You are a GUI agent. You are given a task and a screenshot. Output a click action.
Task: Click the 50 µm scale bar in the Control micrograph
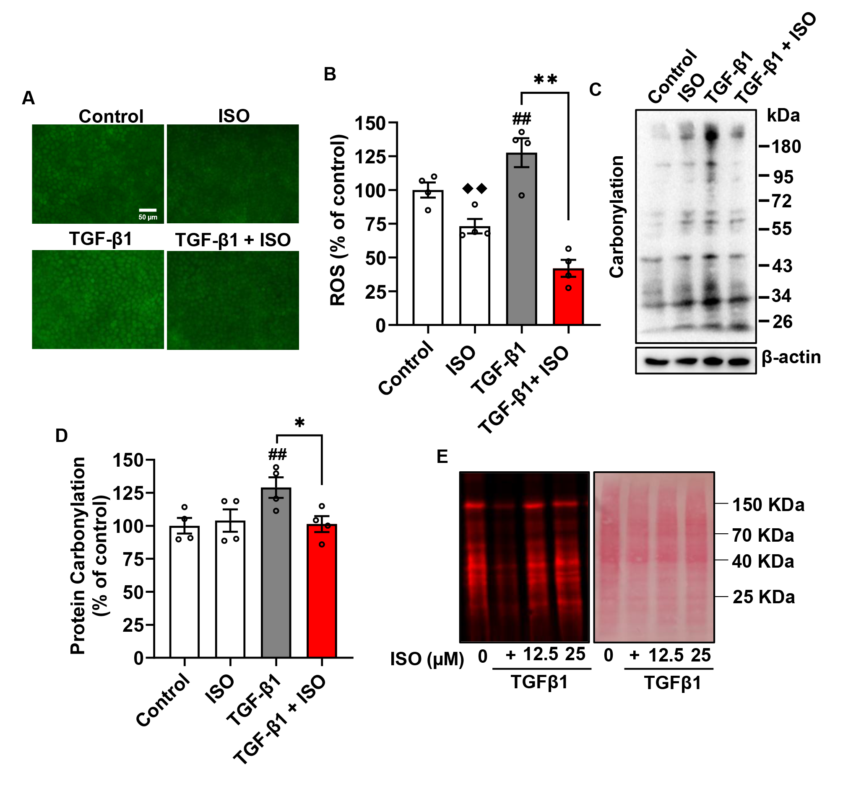click(148, 210)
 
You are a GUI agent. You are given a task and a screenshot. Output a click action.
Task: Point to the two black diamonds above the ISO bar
click(474, 189)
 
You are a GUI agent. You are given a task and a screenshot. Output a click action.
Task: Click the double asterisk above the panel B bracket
click(545, 79)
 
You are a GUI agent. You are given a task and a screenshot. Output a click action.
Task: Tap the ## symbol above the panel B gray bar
click(522, 119)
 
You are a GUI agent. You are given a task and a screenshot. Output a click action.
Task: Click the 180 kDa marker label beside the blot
click(786, 147)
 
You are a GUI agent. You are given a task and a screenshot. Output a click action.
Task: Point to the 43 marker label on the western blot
click(782, 266)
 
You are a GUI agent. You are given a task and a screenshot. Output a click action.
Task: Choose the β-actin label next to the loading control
click(791, 357)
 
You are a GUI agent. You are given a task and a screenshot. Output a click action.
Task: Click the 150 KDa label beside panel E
click(768, 505)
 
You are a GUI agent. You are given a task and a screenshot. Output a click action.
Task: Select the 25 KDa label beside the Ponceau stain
click(763, 597)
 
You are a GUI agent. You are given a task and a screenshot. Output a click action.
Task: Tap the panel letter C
click(596, 89)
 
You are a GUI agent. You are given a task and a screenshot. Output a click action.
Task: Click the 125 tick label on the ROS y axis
click(370, 157)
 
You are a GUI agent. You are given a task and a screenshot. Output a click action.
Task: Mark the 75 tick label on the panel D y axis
click(133, 559)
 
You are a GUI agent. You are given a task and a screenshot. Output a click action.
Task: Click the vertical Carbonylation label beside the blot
click(617, 217)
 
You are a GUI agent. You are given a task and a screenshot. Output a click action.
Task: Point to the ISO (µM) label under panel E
click(427, 659)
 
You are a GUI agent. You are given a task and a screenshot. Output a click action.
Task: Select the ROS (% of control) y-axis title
click(338, 220)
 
